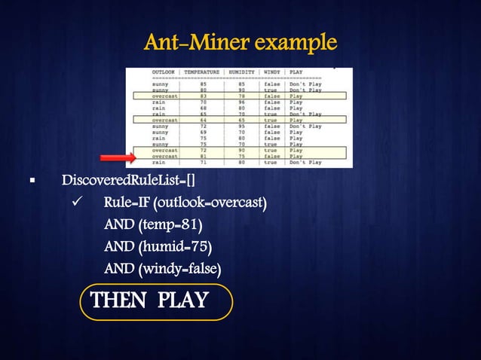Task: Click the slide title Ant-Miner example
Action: pyautogui.click(x=240, y=41)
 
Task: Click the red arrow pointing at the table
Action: pyautogui.click(x=117, y=157)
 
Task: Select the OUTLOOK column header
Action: pyautogui.click(x=164, y=72)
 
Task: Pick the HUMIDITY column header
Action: pyautogui.click(x=243, y=72)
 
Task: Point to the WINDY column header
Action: pyautogui.click(x=272, y=72)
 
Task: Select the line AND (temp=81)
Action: pyautogui.click(x=153, y=224)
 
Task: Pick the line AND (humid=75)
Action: pyautogui.click(x=158, y=246)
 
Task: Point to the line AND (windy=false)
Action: pyautogui.click(x=162, y=268)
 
